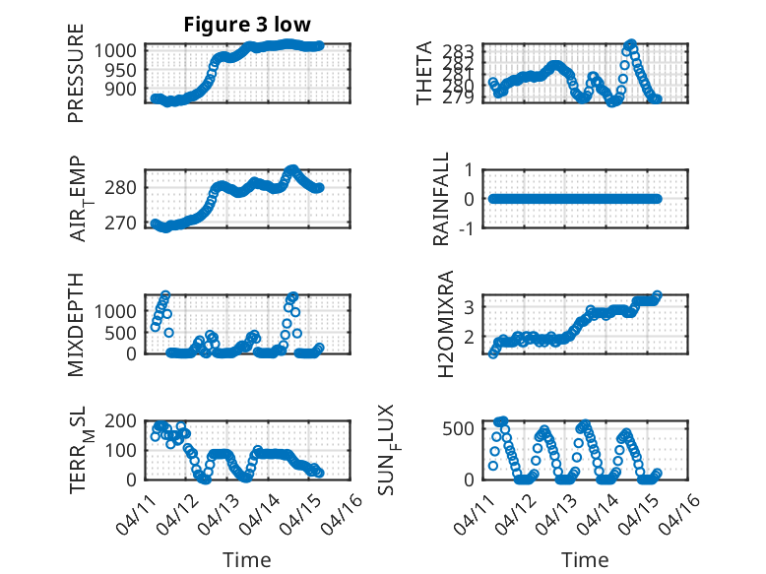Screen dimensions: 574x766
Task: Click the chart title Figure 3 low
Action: (246, 26)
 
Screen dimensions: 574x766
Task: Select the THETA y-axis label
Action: (424, 73)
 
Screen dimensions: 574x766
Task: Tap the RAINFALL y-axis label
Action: (442, 199)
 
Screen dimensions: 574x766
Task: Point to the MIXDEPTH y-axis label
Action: (76, 324)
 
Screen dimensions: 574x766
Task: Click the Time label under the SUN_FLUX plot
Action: (586, 560)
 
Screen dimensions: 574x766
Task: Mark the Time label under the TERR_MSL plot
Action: (246, 560)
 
